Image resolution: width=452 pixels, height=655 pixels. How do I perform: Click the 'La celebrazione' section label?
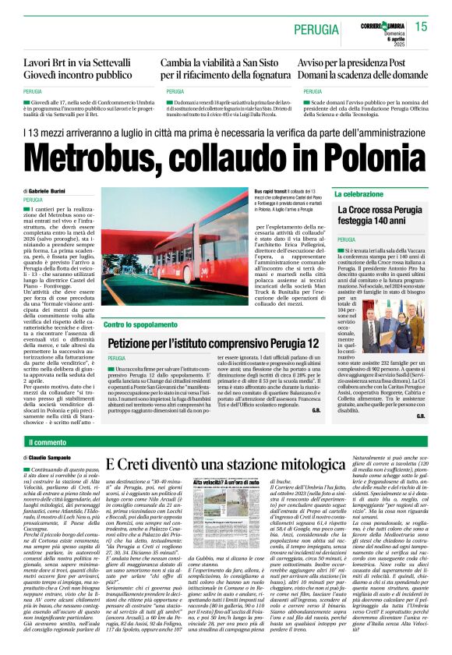(359, 193)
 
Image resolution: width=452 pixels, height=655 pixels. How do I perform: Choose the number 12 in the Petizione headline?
(311, 343)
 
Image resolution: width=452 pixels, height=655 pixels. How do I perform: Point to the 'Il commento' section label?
(48, 442)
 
